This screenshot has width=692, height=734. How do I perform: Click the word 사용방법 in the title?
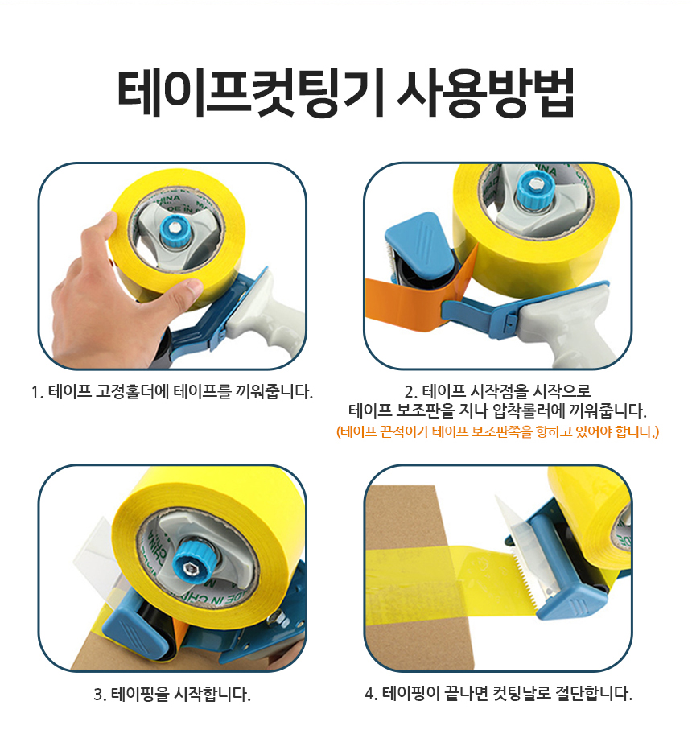485,93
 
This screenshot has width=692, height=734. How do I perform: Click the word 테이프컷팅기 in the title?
251,93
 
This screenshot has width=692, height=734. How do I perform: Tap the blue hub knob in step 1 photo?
175,230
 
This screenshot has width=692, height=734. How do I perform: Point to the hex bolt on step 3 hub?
190,569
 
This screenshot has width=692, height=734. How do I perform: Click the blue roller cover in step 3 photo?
136,629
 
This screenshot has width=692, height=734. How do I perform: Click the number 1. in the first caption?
38,392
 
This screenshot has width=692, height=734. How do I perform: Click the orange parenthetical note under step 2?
497,431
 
